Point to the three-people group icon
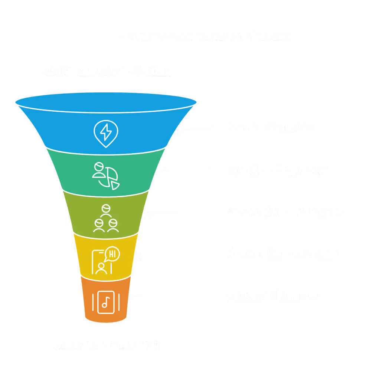106,218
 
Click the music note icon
105,302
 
